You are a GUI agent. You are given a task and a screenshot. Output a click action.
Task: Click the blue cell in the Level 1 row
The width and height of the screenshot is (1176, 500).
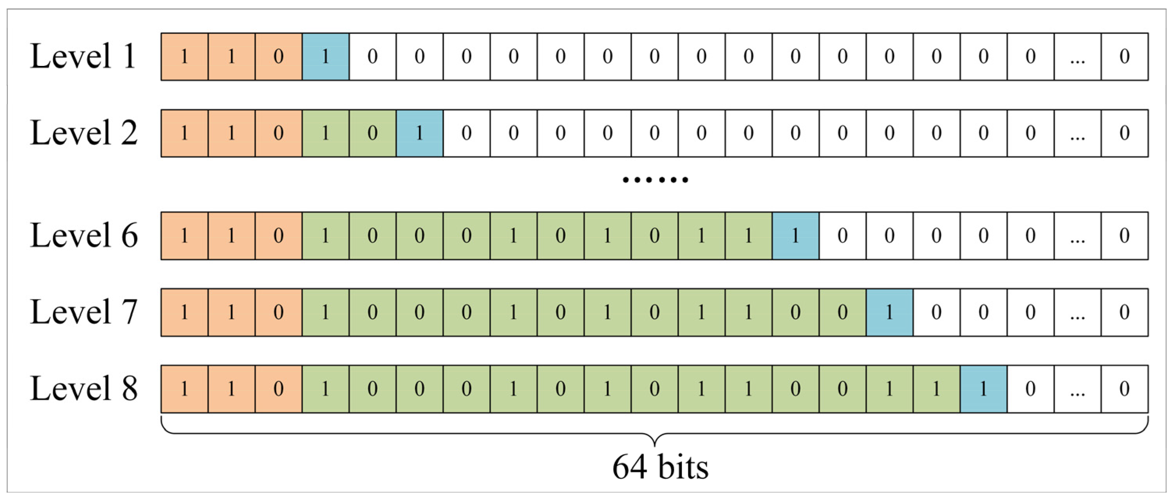click(325, 57)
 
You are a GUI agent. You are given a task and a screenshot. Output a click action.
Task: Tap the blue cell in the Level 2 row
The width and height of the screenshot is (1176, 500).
click(419, 133)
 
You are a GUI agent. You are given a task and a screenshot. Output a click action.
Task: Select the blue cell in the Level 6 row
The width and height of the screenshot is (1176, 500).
click(795, 236)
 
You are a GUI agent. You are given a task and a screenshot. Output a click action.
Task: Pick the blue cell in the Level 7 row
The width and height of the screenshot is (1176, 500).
click(889, 312)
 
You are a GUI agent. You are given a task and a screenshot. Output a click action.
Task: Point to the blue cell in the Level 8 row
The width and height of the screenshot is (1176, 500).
click(983, 389)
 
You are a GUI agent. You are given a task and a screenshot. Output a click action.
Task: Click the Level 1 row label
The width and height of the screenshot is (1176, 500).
click(83, 57)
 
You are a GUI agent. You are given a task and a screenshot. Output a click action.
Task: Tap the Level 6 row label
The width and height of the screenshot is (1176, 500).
click(84, 236)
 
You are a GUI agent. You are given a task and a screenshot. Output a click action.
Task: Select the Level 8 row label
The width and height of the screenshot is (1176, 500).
click(84, 389)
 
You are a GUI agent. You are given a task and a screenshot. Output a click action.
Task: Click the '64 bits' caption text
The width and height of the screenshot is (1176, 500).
click(660, 467)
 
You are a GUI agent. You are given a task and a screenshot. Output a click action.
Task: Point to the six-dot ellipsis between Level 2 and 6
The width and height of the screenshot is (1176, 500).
click(656, 180)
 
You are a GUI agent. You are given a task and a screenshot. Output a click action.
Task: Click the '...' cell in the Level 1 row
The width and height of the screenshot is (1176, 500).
click(1077, 57)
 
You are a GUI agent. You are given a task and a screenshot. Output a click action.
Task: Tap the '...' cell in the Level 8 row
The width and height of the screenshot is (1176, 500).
click(1077, 389)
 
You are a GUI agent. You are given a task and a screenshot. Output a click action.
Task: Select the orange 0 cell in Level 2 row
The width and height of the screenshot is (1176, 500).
click(279, 133)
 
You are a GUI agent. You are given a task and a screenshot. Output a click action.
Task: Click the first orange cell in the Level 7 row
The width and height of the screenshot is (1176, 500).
click(185, 312)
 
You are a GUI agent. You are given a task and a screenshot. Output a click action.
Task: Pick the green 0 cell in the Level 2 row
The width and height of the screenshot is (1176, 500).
click(373, 133)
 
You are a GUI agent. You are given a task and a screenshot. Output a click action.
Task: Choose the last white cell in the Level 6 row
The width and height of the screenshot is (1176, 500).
click(1124, 236)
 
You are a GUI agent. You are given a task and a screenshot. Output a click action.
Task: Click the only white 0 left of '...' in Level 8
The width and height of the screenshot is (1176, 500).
click(1030, 389)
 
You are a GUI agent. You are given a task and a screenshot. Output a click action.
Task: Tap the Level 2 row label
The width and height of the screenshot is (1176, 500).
click(84, 133)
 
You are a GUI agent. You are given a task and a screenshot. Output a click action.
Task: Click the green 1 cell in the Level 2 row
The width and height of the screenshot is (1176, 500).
click(325, 133)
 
